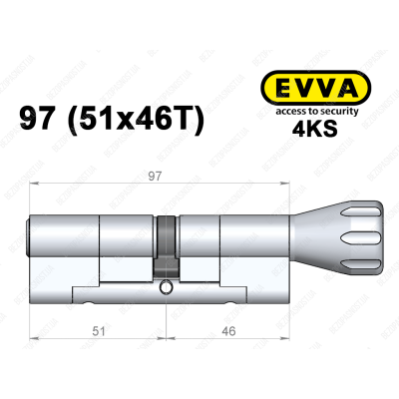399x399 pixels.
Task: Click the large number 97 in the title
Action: pos(42,121)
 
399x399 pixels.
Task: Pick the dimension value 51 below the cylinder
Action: pos(93,327)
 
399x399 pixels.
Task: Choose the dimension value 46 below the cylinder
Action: pos(229,327)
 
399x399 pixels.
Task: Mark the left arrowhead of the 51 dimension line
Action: pos(33,318)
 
